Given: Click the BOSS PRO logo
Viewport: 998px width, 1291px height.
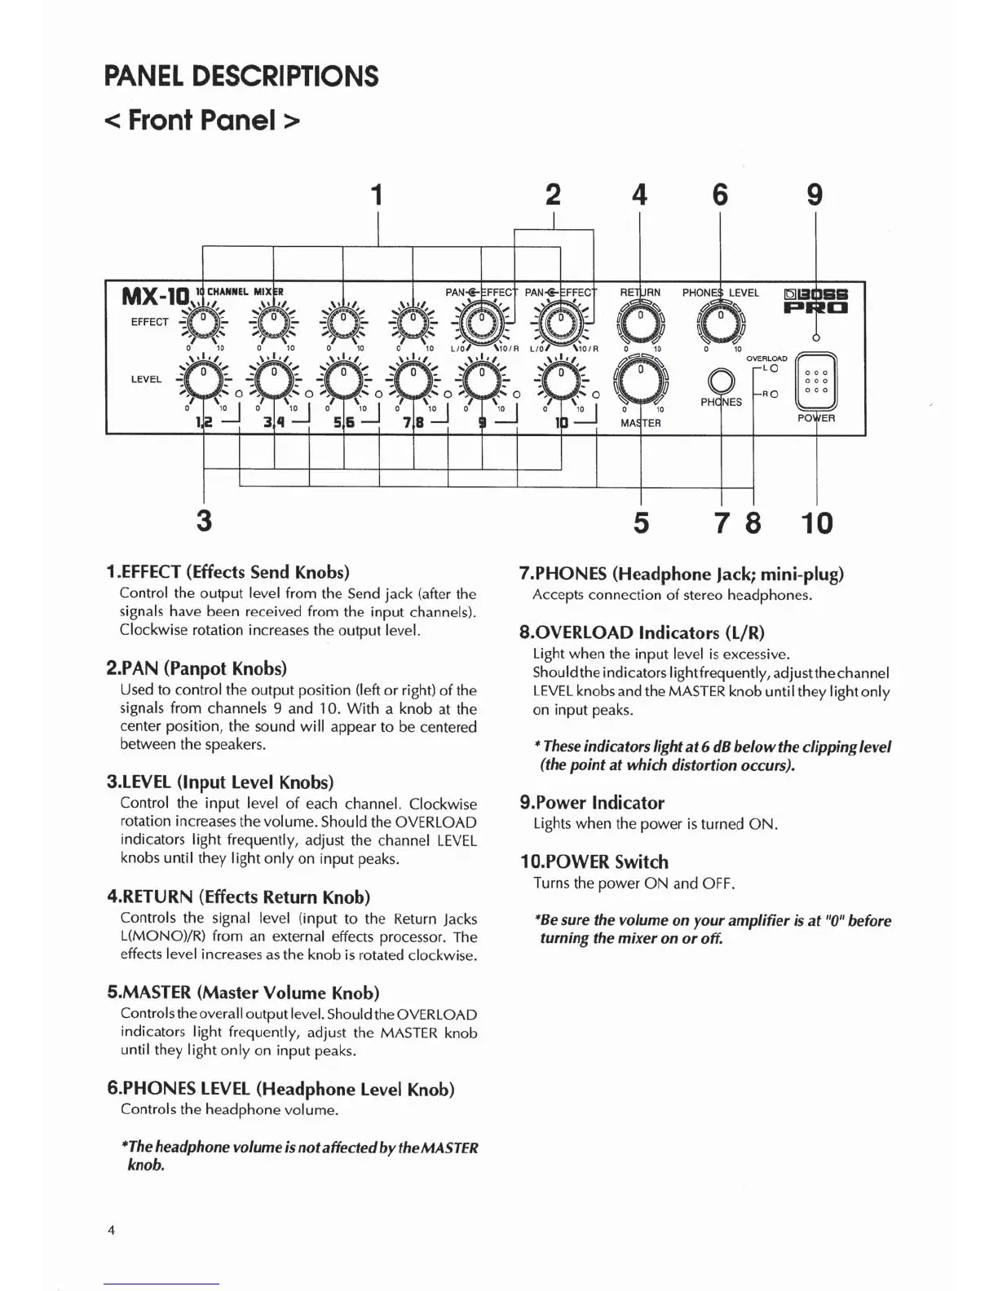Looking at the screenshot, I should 816,300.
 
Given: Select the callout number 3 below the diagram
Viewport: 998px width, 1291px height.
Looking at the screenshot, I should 204,520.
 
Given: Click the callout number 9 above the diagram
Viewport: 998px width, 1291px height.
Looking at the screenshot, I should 815,196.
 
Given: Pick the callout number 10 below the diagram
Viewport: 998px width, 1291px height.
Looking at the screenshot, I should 817,522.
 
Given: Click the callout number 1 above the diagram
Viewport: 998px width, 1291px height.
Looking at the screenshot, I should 377,196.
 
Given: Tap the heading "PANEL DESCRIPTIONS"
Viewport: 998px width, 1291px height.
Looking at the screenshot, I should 241,76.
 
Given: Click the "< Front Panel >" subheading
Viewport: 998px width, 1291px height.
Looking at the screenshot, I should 202,121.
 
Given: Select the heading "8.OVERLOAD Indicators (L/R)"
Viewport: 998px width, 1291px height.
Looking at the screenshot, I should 642,632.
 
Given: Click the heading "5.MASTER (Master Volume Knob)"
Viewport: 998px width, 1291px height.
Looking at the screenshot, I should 243,993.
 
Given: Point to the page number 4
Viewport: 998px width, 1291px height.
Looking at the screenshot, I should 111,1230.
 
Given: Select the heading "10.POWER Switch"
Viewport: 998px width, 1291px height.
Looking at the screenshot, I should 594,861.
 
